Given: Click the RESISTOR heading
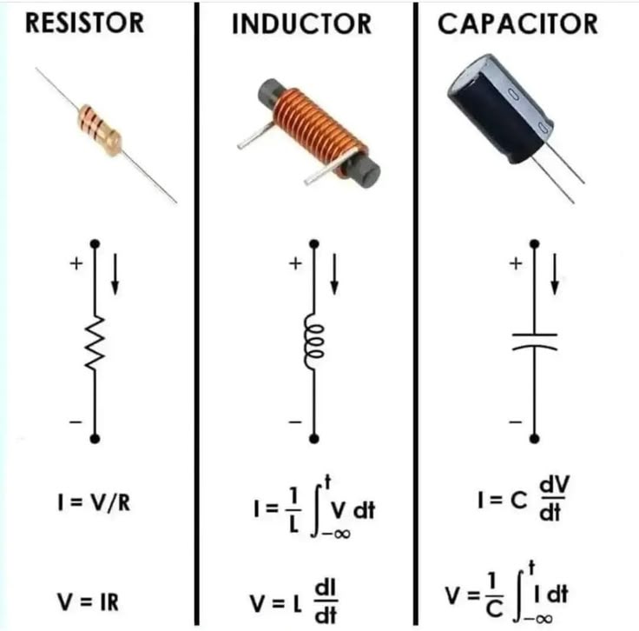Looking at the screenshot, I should pyautogui.click(x=85, y=23).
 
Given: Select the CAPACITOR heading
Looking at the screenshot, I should pyautogui.click(x=518, y=23).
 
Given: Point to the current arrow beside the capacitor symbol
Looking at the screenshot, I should pyautogui.click(x=555, y=275).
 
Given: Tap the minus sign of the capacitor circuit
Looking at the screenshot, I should pyautogui.click(x=515, y=422).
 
